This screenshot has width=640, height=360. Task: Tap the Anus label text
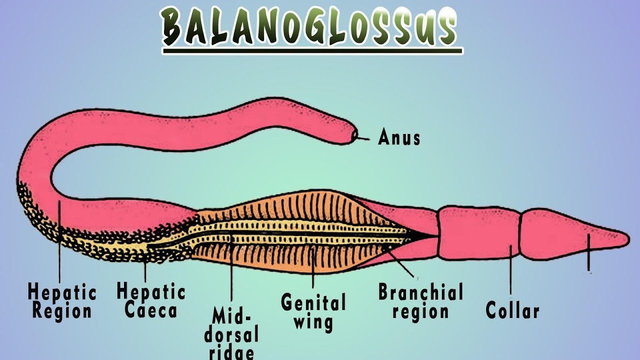399,137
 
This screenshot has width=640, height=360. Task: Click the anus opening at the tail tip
354,135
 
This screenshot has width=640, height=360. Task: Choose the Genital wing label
313,311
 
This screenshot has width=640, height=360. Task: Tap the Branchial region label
420,301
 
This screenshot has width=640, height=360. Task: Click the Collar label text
512,310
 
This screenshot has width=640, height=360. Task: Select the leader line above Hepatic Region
59,240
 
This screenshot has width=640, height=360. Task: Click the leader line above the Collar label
511,270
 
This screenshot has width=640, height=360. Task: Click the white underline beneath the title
312,51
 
